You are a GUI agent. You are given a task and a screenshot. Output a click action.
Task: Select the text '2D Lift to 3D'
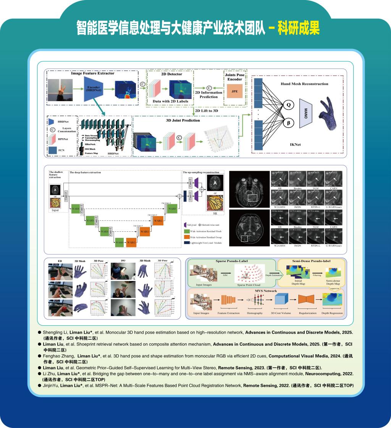tap(206, 111)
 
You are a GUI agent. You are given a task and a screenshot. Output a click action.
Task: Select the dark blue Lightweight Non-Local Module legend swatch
tap(187, 242)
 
